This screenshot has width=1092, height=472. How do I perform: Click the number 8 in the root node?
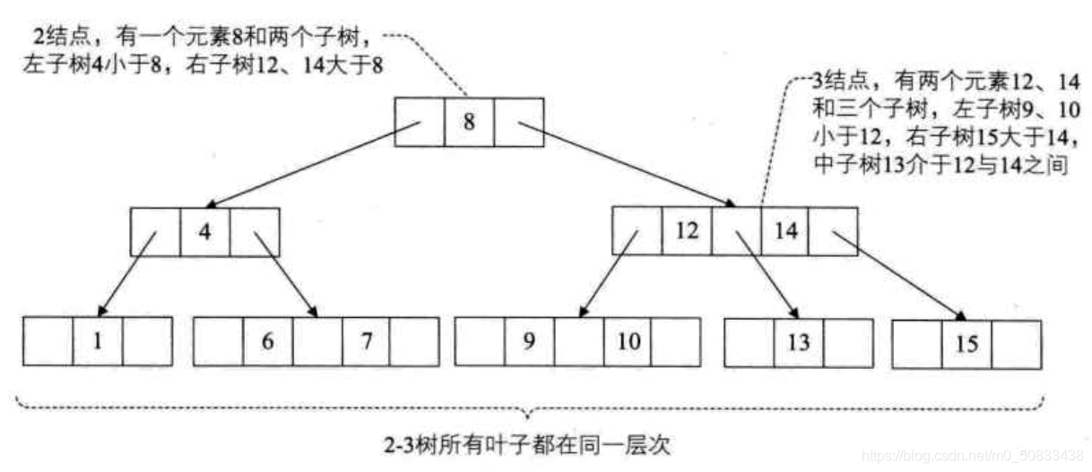pos(469,123)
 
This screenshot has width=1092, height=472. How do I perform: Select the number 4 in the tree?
pos(204,231)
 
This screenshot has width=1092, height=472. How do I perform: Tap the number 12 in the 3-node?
pos(687,230)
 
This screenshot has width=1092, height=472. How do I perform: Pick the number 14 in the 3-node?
pos(785,230)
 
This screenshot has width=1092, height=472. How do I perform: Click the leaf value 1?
pos(98,341)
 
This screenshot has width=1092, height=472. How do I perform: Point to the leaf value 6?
pos(268,341)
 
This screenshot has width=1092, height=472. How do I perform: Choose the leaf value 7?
pos(366,341)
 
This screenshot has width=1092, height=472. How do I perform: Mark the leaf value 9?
pos(529,341)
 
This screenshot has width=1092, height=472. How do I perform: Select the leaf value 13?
pos(798,341)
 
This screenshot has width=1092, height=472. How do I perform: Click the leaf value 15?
pos(967,344)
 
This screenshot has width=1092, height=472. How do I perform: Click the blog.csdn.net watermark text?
pos(973,455)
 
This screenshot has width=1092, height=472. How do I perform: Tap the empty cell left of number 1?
pos(48,341)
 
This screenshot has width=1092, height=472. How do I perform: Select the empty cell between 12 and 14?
pos(736,230)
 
